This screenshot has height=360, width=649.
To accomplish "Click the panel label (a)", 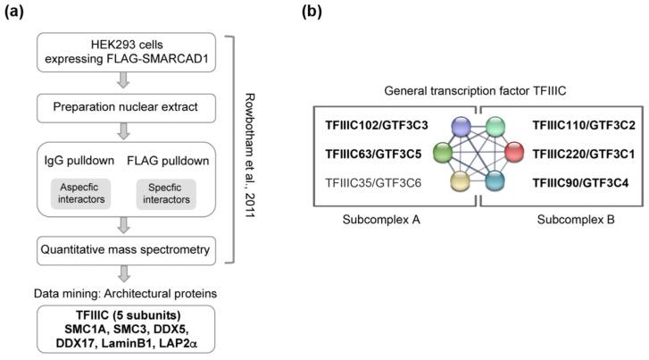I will (x=21, y=13).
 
